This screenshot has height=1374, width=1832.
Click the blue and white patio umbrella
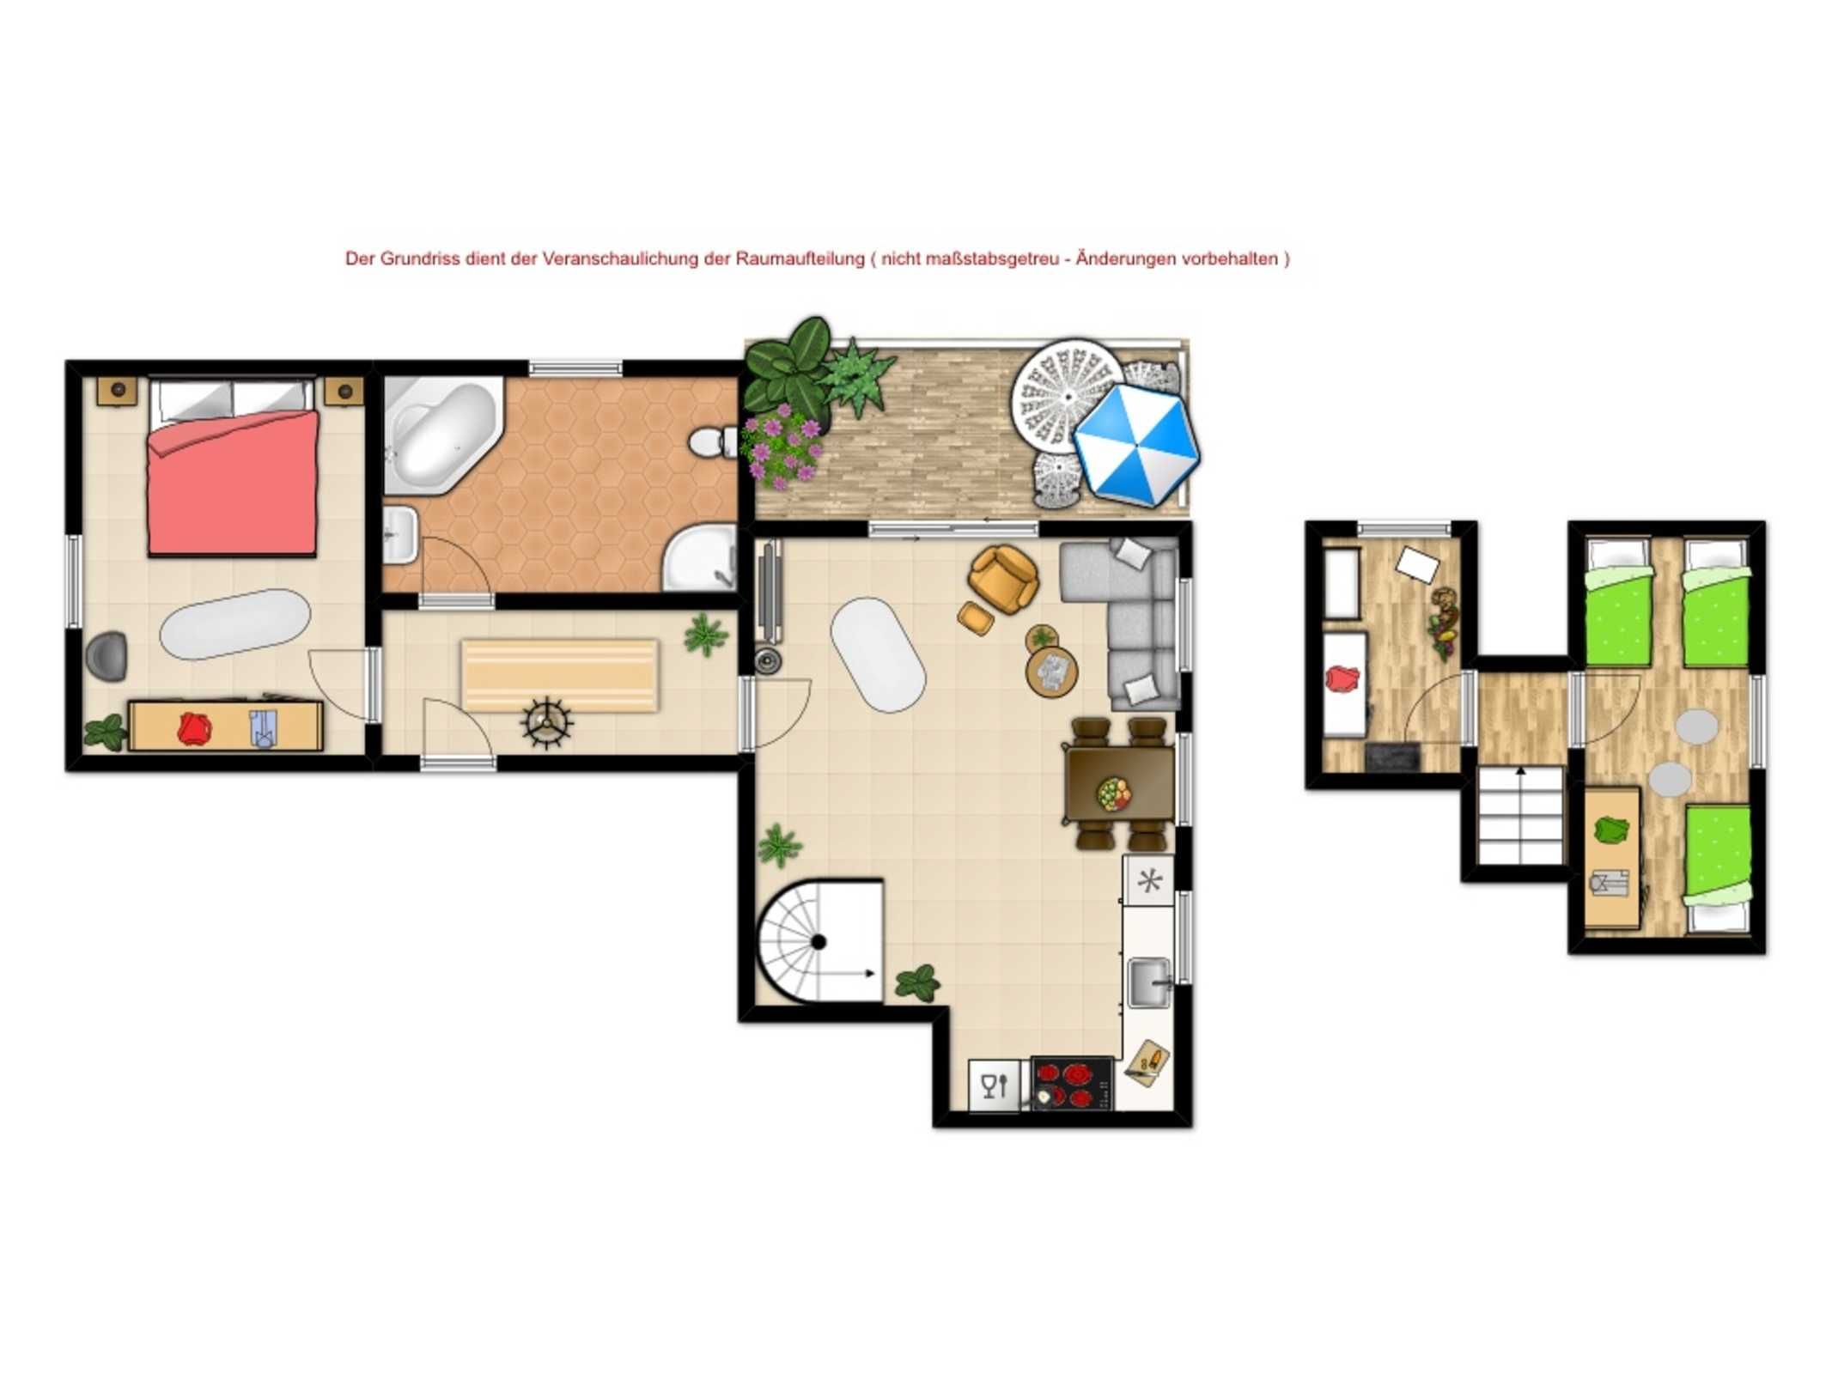point(1135,444)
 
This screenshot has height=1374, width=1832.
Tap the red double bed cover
point(232,482)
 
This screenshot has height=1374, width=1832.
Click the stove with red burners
point(1072,1083)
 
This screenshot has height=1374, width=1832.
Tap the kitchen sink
point(1149,982)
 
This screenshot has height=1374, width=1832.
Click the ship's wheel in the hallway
point(546,723)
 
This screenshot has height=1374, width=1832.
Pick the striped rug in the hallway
point(560,675)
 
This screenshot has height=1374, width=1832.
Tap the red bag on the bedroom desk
point(194,728)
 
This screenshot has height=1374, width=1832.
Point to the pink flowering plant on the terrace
point(782,448)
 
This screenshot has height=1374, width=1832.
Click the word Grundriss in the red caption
point(420,258)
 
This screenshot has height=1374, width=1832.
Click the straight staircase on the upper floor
point(1519,815)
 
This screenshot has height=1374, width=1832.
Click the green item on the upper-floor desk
point(1611,830)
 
